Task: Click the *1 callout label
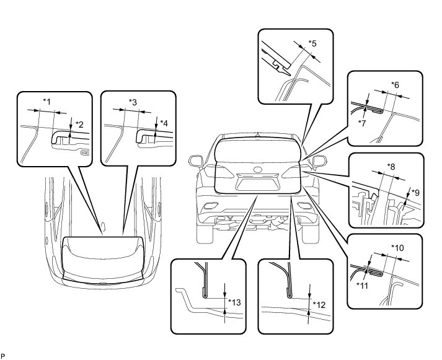[x=46, y=101]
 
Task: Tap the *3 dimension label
[x=132, y=101]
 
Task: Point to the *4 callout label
[x=164, y=123]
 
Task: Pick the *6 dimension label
[x=395, y=84]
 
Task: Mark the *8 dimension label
[x=391, y=165]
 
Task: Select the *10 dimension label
[x=397, y=247]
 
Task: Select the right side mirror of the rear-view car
[x=319, y=162]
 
